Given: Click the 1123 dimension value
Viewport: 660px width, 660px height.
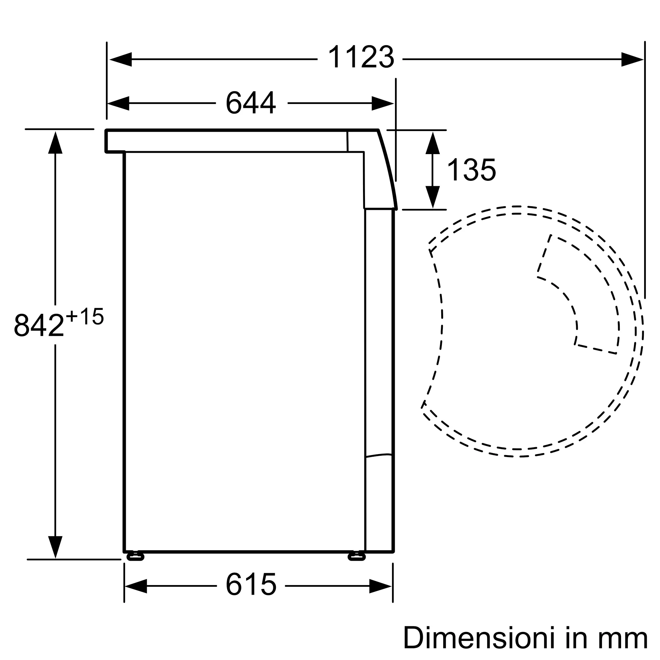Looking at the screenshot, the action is tap(361, 57).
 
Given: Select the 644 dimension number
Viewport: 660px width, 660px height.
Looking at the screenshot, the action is tap(251, 102).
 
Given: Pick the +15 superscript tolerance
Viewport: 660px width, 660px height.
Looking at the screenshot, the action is tap(85, 316).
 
